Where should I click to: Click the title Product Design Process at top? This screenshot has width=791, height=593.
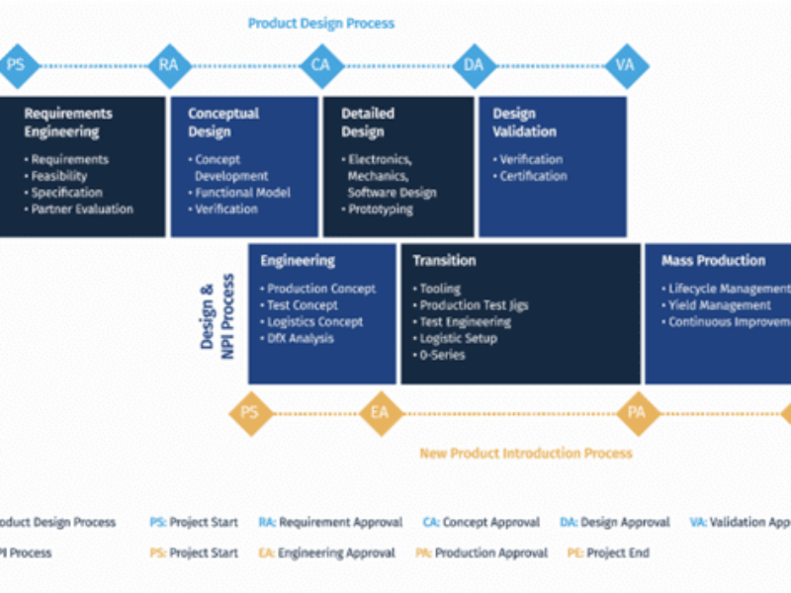320,23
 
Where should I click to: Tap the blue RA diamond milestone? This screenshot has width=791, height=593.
167,65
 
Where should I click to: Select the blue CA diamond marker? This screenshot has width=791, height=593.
320,65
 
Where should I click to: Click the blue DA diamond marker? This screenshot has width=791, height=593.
473,65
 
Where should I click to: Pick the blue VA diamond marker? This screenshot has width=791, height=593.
625,65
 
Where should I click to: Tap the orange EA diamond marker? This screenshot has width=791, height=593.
380,412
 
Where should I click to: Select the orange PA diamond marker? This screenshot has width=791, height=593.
637,412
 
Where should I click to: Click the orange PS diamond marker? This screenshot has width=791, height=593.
250,412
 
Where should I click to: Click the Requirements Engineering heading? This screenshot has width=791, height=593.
68,123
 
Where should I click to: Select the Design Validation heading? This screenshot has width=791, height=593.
524,123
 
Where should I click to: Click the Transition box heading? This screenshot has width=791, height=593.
444,261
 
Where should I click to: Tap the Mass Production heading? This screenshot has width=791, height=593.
713,261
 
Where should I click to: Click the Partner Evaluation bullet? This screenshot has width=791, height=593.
81,210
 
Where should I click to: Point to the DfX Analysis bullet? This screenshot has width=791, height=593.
301,338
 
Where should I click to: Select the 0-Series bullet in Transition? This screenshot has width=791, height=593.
442,355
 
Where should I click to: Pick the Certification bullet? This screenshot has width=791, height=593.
533,176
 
